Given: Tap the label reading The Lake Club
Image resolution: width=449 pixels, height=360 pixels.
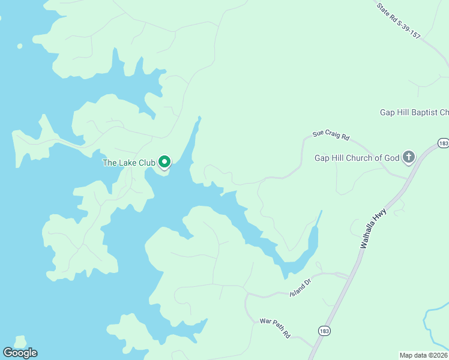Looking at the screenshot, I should point(129,163).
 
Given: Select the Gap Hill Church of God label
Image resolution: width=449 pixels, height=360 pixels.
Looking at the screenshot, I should point(357,158).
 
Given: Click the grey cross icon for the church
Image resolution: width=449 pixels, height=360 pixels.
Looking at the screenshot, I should point(408,158).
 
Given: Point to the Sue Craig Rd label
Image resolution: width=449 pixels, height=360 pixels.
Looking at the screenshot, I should point(331,136).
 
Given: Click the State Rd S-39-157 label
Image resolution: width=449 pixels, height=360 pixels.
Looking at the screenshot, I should point(399,20).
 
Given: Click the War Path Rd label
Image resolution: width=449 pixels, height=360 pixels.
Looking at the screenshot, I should point(275,328).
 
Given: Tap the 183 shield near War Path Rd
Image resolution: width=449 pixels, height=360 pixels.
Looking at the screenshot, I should point(324,331).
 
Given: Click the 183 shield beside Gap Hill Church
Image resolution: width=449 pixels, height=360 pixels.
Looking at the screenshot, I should point(443,143).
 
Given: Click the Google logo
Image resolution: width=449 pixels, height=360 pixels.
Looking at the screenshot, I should point(20,353).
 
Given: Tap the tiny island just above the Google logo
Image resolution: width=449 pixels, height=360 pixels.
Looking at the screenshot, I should point(20,340).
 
